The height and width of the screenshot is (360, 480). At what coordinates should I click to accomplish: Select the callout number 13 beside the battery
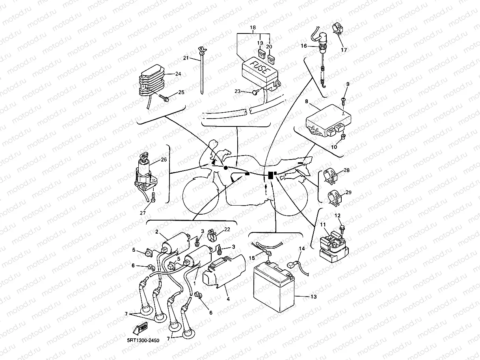coord(313,296)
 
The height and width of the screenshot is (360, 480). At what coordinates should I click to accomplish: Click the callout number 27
coord(143,213)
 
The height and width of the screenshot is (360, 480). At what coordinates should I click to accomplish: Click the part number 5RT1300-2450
coord(143,340)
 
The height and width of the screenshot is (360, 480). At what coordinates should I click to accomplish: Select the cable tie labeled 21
coord(202,71)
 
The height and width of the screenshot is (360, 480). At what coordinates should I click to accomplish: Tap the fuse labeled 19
coord(261,53)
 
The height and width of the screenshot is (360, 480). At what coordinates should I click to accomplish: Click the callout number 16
coord(303,46)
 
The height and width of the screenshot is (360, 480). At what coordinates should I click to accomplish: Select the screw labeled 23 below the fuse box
coord(255,92)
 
